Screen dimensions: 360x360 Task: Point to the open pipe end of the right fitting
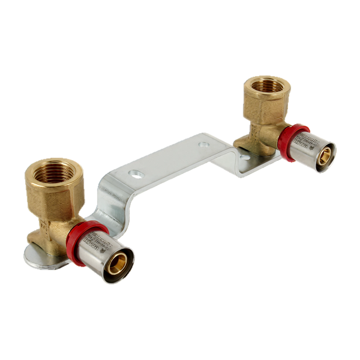pos(325,155)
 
